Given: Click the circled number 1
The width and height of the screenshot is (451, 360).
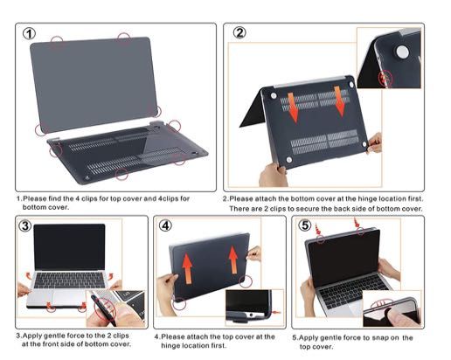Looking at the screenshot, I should coord(29,35).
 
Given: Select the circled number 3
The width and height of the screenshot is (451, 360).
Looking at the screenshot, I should coord(26,227).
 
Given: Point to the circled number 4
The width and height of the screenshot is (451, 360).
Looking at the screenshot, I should coord(166,226).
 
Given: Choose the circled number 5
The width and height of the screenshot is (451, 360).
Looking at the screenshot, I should coord(305,226).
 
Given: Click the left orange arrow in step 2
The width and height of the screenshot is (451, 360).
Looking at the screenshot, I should coord(295,107).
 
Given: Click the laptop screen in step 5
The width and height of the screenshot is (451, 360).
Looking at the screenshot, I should coord(349,263).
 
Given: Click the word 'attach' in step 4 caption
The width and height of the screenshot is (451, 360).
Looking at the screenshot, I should coord(198,336).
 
